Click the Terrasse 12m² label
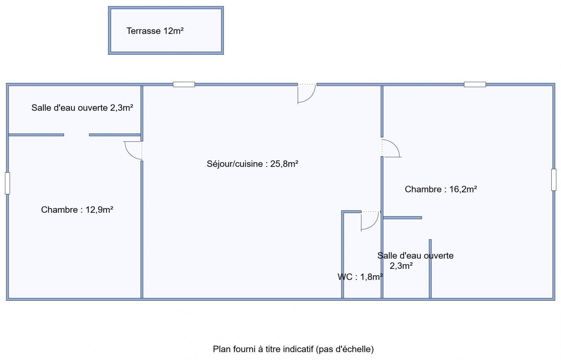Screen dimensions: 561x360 tap(155, 31)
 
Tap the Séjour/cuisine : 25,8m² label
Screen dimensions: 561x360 tap(252, 164)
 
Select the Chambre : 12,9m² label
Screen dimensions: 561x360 tap(77, 210)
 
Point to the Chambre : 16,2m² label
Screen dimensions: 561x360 tap(441, 189)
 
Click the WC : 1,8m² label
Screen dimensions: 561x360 tap(360, 277)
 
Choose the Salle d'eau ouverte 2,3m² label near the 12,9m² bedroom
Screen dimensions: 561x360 tap(82, 108)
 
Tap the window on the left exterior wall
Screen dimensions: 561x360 tap(8, 183)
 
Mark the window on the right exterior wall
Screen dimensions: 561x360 tap(554, 180)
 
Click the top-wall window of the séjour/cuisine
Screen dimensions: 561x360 tap(184, 84)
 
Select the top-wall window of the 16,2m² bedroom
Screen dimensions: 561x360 tap(475, 84)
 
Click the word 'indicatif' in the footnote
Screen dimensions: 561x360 tap(298, 349)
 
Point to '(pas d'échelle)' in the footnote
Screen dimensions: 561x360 tap(345, 349)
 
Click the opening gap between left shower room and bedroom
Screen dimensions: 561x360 tap(76, 135)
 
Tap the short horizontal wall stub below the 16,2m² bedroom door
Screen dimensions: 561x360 tap(402, 218)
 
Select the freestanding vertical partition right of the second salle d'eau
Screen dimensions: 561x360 tap(430, 269)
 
